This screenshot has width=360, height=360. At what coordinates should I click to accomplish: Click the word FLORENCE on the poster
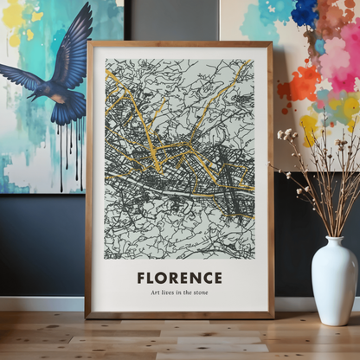(x=179, y=278)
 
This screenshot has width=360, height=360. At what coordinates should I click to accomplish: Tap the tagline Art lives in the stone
(x=179, y=293)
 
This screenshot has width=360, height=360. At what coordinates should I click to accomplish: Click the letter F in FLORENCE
(x=141, y=278)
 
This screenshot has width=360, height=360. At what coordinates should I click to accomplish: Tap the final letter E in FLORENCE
(x=217, y=278)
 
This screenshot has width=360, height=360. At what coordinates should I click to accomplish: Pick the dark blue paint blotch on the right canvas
(x=305, y=12)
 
